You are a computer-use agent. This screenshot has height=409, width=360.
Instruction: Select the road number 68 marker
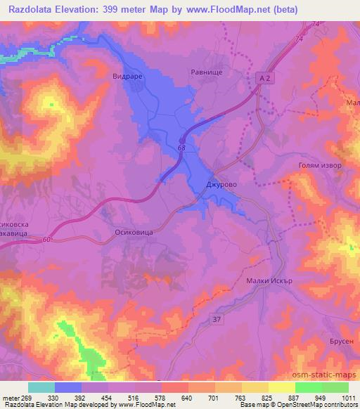point(182,147)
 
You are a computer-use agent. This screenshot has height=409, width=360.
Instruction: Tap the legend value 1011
point(347,398)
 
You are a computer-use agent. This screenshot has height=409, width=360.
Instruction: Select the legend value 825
point(268,398)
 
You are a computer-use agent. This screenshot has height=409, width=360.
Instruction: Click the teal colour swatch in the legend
point(41,387)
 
